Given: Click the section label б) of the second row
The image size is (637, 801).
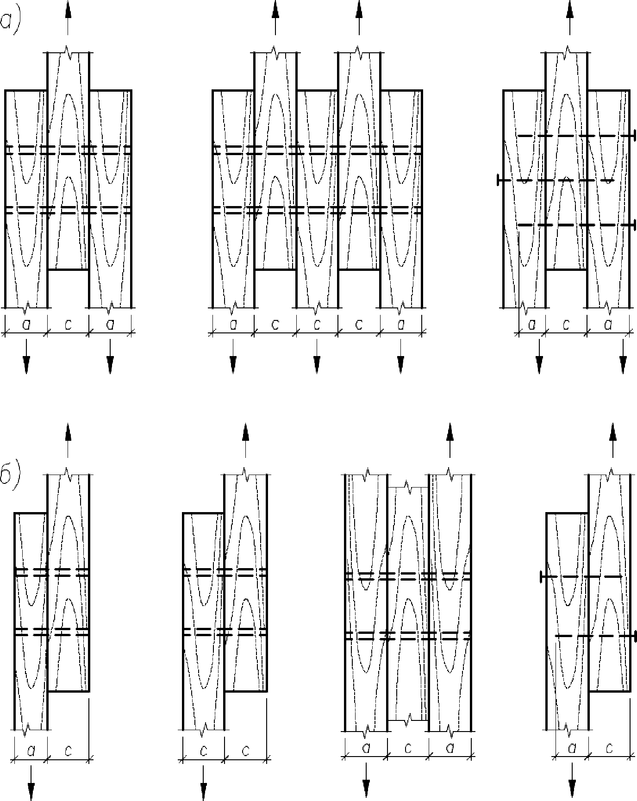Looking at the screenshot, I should coord(9,477).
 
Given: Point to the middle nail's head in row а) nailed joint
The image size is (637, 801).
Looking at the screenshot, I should coord(499,180).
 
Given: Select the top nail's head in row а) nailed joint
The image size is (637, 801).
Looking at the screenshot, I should coord(634,136).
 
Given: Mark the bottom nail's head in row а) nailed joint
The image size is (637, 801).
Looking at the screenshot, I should coord(634,225).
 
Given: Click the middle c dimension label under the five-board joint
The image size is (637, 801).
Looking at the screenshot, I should coord(317,325).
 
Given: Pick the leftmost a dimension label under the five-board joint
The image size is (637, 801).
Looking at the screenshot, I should coord(233,325).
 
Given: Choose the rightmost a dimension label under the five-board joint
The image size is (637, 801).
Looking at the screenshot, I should coord(400,325).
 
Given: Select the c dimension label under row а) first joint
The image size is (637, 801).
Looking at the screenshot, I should coord(68,325).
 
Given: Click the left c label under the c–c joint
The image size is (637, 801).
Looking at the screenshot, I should coord(203,748).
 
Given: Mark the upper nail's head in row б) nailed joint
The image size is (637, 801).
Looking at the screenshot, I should coord(541,576).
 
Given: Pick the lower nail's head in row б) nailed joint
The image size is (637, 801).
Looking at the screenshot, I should coord(634,636).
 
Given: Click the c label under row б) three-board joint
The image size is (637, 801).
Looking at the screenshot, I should coord(408,747).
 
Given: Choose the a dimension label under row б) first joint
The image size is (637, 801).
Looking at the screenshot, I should coord(31,748).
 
